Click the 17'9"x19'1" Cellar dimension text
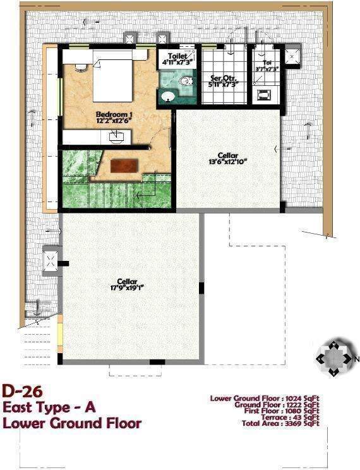[126, 288]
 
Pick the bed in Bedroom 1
[112, 80]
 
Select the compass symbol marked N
[335, 358]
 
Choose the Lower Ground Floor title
[71, 423]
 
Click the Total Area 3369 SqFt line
[285, 424]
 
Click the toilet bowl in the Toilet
[186, 81]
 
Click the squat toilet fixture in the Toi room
[264, 96]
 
